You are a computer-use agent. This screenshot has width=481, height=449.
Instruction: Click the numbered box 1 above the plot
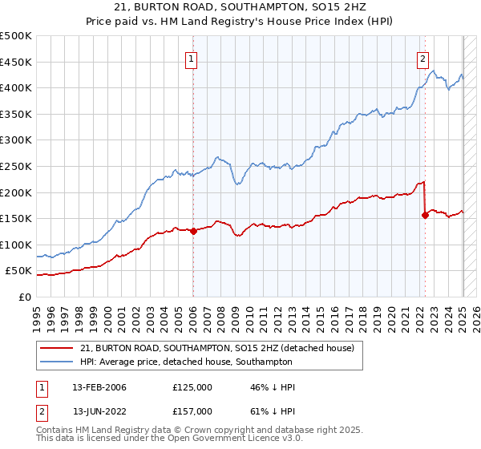[x=192, y=58]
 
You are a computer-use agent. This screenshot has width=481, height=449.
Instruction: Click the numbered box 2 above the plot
[x=422, y=58]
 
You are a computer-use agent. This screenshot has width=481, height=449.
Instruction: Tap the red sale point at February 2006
[x=193, y=231]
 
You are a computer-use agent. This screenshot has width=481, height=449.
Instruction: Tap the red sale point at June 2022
[x=425, y=214]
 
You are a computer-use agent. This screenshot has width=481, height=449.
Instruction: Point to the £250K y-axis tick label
[x=16, y=166]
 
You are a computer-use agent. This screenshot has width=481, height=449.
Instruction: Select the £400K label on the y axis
[x=16, y=87]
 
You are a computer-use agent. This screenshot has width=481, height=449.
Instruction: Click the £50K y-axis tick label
[x=19, y=271]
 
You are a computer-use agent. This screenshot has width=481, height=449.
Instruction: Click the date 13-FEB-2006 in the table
[x=99, y=387]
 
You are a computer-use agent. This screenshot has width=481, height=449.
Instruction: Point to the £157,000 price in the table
[x=192, y=411]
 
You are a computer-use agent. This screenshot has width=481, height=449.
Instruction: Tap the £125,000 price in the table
[x=192, y=387]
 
